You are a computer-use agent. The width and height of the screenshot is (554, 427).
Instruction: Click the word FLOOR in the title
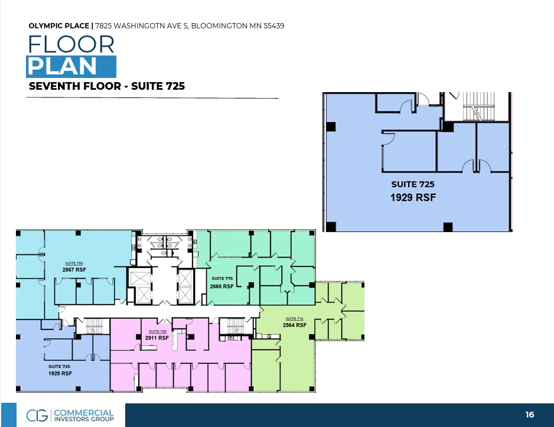coord(70,44)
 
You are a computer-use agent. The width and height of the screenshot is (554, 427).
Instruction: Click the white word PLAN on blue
coord(62,66)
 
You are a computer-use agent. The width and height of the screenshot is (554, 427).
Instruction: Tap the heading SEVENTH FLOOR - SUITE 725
coord(107,86)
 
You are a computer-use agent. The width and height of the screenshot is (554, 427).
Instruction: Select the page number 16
coord(530,415)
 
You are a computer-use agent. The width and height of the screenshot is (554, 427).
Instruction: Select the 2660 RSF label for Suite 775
coord(221,286)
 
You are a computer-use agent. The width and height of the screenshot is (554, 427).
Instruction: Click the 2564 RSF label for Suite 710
coord(294,325)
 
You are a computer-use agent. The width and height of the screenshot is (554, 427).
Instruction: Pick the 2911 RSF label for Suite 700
coord(157,338)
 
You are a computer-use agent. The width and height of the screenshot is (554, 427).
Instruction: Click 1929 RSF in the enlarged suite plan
coord(413,198)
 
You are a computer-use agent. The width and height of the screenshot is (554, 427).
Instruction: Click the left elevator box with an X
coord(140,285)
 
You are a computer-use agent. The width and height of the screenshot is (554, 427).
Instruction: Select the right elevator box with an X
coord(185,285)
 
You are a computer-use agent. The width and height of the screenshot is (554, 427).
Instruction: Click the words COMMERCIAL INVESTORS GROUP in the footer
coord(83,415)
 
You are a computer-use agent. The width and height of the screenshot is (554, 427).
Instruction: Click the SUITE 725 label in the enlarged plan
coord(413,185)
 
